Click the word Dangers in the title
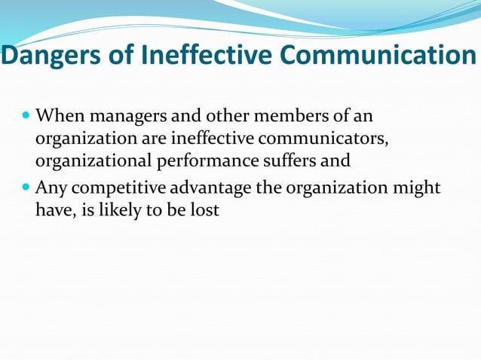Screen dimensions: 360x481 (x=43, y=56)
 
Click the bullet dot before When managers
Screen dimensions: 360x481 (x=26, y=117)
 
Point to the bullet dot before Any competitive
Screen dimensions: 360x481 (x=26, y=188)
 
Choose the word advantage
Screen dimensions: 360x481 (x=215, y=188)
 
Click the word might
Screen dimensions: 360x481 (x=418, y=188)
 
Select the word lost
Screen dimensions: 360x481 (x=204, y=209)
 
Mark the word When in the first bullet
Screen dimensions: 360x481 (x=60, y=117)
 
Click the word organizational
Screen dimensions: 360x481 (x=93, y=161)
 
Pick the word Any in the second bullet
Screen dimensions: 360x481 (x=51, y=188)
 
